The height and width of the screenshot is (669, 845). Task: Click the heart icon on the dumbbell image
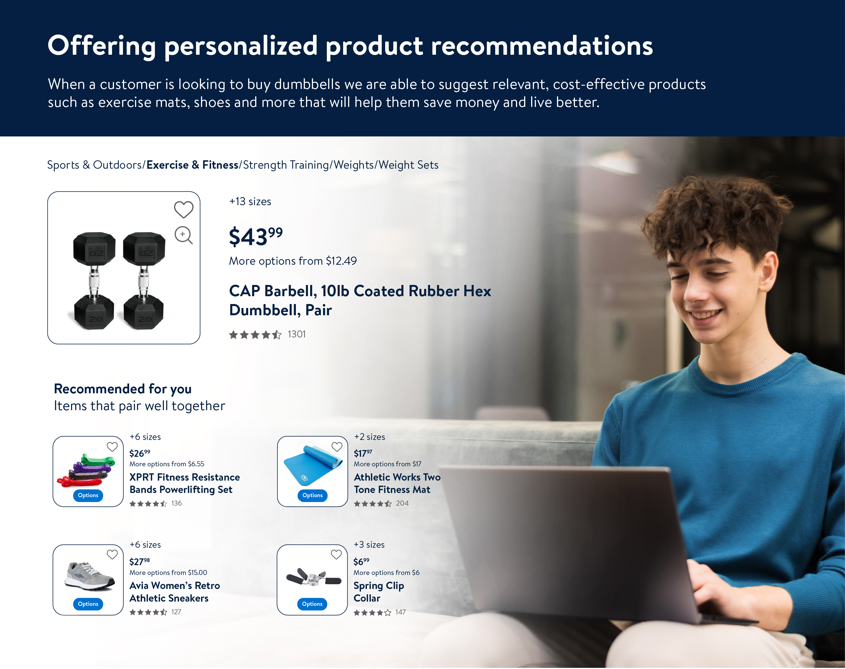pyautogui.click(x=184, y=209)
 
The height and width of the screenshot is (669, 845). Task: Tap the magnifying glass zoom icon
pyautogui.click(x=184, y=235)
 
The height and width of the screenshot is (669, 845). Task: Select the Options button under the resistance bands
pyautogui.click(x=88, y=496)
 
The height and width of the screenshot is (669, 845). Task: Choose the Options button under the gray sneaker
pyautogui.click(x=88, y=604)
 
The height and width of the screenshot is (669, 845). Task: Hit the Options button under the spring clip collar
pyautogui.click(x=312, y=604)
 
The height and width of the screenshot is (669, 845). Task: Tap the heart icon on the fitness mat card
pyautogui.click(x=337, y=447)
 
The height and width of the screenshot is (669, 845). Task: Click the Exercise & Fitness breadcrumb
pyautogui.click(x=192, y=165)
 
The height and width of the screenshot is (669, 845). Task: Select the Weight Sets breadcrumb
pyautogui.click(x=408, y=165)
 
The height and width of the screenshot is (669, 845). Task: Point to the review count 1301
pyautogui.click(x=296, y=334)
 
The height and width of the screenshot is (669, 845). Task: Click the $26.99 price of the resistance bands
pyautogui.click(x=140, y=453)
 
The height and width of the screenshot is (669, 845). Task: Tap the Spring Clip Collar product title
pyautogui.click(x=379, y=592)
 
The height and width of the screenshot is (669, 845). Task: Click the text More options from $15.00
pyautogui.click(x=168, y=573)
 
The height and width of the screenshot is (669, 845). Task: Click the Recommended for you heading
pyautogui.click(x=123, y=389)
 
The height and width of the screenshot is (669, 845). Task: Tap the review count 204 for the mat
pyautogui.click(x=402, y=503)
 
